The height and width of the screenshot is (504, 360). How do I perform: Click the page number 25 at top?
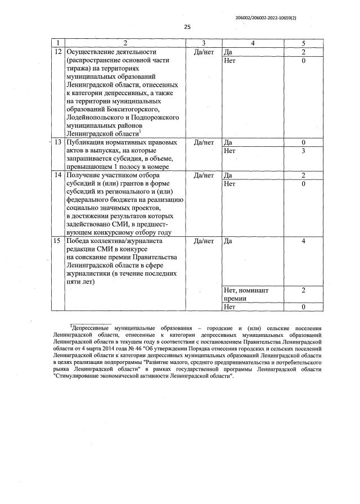pyautogui.click(x=187, y=26)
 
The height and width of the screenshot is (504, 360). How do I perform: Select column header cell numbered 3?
pyautogui.click(x=204, y=43)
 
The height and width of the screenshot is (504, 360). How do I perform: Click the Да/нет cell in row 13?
pyautogui.click(x=204, y=143)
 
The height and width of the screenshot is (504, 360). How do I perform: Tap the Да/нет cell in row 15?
pyautogui.click(x=204, y=241)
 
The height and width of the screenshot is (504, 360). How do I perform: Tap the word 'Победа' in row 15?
pyautogui.click(x=79, y=241)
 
